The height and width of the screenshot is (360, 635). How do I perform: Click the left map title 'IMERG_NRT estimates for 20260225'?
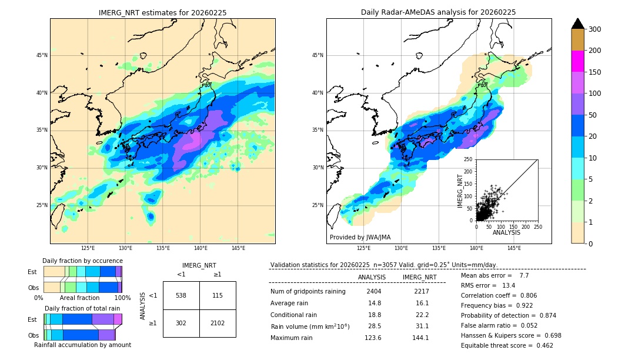(162, 12)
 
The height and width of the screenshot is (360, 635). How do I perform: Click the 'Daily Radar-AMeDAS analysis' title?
(439, 12)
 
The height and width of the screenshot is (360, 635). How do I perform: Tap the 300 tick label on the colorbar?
(595, 29)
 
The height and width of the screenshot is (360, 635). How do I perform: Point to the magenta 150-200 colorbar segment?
(577, 62)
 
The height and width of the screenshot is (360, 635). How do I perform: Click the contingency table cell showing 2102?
(218, 322)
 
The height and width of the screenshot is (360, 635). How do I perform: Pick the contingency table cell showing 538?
(181, 295)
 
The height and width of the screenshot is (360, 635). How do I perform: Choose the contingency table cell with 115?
(218, 295)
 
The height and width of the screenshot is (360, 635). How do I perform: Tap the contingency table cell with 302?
(181, 322)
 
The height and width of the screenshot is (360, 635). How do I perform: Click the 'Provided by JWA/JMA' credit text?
(360, 237)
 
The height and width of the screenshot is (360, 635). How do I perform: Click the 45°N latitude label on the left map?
(42, 55)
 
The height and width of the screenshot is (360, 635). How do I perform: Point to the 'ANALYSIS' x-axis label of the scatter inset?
(506, 232)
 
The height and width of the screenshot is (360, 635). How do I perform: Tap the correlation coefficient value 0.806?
(524, 295)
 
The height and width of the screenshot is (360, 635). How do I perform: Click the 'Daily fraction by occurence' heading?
(82, 261)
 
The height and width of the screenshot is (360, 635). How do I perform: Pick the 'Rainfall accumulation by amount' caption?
(82, 345)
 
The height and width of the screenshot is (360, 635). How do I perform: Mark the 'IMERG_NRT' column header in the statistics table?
(419, 277)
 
